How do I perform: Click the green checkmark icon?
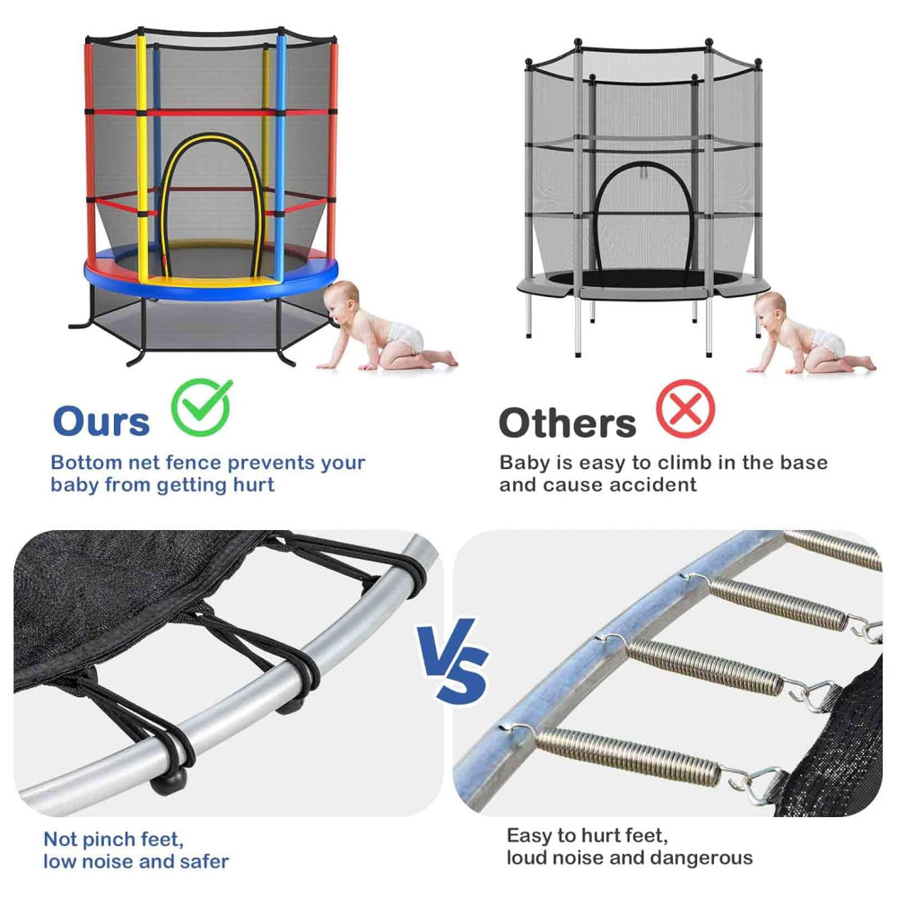tap(201, 407)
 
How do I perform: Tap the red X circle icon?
tap(685, 408)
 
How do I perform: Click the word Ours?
tap(101, 422)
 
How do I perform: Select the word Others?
tap(568, 422)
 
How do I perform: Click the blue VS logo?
tap(453, 660)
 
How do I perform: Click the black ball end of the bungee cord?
tap(168, 780)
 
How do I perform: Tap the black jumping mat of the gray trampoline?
tap(640, 279)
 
